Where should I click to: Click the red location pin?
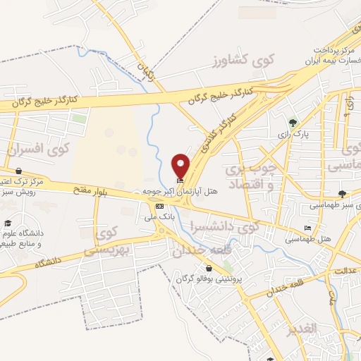(181, 166)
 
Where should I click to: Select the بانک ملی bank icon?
(160, 206)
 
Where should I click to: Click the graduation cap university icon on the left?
(6, 233)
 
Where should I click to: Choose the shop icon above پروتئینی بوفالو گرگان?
(209, 268)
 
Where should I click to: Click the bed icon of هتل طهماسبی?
(307, 228)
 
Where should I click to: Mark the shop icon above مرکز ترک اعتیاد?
(18, 171)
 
